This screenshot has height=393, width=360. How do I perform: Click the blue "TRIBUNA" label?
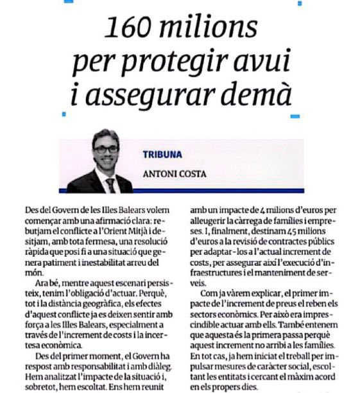tap(162, 155)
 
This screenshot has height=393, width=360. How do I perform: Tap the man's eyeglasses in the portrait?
tap(106, 150)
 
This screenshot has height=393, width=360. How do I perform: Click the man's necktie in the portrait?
tap(110, 185)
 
